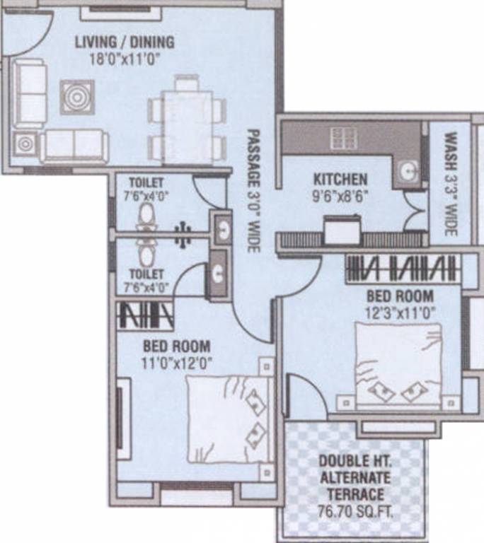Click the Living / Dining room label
click(x=125, y=42)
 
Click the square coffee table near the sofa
click(x=76, y=96)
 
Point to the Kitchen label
click(x=341, y=180)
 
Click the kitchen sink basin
click(x=408, y=170)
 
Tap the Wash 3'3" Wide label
click(x=451, y=185)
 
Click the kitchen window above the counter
click(x=345, y=137)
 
